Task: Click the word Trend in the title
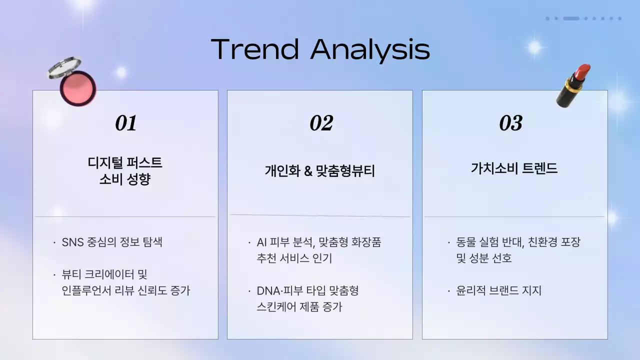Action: click(255, 49)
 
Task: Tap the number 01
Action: click(125, 123)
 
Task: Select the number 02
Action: click(321, 123)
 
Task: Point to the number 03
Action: click(510, 123)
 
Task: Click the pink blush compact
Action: click(75, 82)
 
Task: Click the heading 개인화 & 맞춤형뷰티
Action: click(320, 171)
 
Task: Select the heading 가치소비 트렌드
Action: click(514, 168)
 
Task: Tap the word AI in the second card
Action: click(261, 242)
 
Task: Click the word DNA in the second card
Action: click(267, 290)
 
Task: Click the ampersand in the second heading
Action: click(308, 171)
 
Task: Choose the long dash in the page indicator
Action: click(571, 18)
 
